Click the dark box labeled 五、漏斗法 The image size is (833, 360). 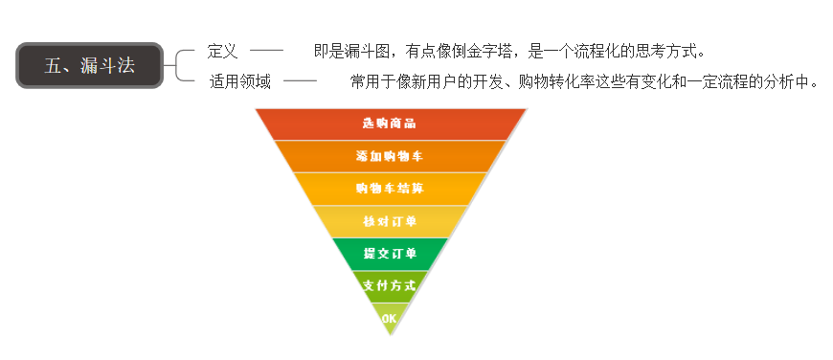[89, 65]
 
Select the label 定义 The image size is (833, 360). [222, 51]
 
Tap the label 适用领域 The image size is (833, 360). [240, 81]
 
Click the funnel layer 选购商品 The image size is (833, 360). [390, 124]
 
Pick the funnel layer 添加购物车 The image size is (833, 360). [390, 155]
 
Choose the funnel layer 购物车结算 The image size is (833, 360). [390, 188]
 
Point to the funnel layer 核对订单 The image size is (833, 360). [390, 221]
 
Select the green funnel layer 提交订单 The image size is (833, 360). [390, 254]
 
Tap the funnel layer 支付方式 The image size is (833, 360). [390, 285]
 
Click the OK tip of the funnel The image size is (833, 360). [390, 318]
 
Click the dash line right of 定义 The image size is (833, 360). [266, 50]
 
